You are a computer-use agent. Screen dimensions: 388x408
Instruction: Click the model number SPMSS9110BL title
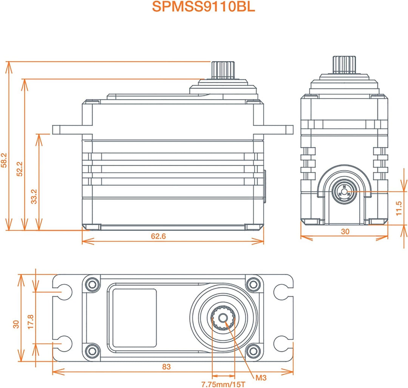click(x=203, y=7)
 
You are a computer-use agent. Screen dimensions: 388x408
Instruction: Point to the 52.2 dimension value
click(x=20, y=169)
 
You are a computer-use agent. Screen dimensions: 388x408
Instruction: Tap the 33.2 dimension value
click(x=34, y=197)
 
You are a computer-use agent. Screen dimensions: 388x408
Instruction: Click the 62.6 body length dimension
click(x=159, y=236)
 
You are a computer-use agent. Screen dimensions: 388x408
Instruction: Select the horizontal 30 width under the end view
click(x=345, y=232)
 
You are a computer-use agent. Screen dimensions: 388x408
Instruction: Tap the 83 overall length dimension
click(x=166, y=366)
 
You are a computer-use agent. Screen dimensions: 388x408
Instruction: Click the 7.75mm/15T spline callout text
click(x=223, y=384)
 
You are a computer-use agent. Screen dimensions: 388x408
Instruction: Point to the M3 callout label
click(x=261, y=377)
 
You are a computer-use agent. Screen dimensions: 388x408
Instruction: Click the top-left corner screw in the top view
click(x=91, y=284)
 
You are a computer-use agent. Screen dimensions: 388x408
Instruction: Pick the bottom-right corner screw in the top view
click(x=252, y=350)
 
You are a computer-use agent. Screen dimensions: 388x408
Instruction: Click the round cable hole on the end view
click(x=344, y=192)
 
